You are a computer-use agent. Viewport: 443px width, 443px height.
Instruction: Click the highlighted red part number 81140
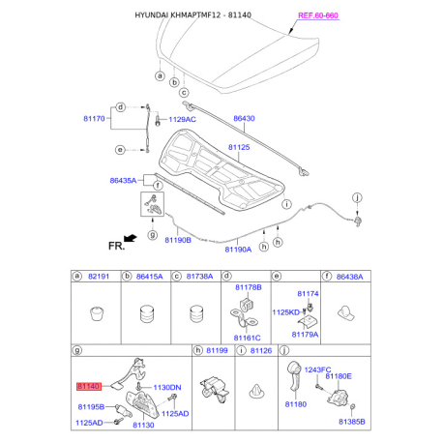pos(89,386)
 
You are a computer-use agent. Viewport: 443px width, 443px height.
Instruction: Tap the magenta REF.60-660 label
pos(318,15)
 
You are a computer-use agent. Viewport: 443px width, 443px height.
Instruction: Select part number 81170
pos(94,119)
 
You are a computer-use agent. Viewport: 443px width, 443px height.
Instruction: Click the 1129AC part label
pos(182,119)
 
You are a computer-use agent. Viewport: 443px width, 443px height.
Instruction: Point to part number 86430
pos(244,118)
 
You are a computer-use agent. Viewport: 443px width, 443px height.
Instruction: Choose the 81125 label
pos(239,147)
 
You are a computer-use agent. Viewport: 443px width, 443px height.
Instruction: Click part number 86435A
pos(123,181)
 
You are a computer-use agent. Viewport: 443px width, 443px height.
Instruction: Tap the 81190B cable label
pos(178,240)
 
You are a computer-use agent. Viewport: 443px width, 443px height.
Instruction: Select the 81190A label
pos(238,250)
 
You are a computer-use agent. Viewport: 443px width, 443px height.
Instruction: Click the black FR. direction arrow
pos(131,238)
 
